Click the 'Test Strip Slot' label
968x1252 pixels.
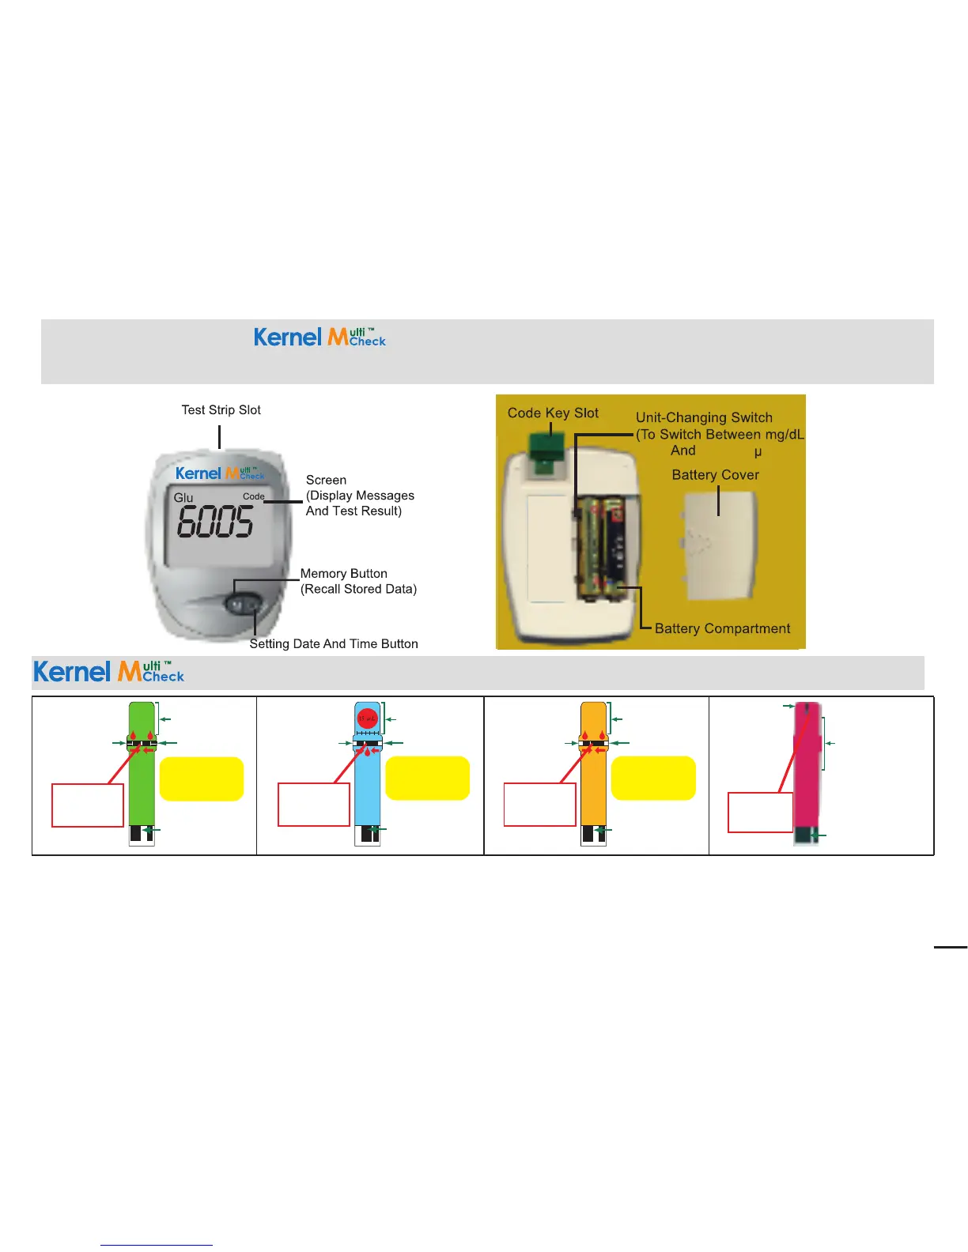pos(221,409)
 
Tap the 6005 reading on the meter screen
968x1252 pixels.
pos(215,522)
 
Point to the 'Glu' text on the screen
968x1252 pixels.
pos(183,497)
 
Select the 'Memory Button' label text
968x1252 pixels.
pos(344,573)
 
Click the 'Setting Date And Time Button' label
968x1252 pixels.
pos(334,643)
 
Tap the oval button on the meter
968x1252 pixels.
pos(244,605)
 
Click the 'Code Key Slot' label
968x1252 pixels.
pos(553,413)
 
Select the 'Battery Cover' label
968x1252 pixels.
pos(715,474)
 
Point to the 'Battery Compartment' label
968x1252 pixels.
pos(722,628)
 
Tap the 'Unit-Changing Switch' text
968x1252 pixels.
pos(704,417)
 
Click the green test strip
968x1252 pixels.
pos(142,782)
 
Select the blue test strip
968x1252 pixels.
pos(368,782)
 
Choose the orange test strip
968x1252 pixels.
pos(594,782)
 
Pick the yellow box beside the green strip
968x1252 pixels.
pos(202,779)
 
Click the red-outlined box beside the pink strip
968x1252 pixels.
pos(760,812)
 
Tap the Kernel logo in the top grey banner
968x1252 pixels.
pos(320,338)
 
